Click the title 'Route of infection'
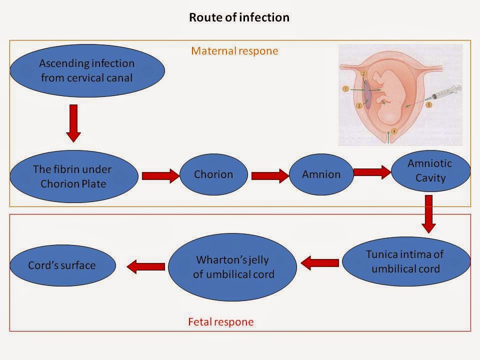pos(239,17)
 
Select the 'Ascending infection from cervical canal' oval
pos(86,70)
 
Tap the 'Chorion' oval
pos(213,174)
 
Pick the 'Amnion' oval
pos(321,174)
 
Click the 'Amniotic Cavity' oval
pos(430,170)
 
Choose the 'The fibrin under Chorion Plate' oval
pos(74,176)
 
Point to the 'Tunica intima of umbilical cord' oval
pos(405,261)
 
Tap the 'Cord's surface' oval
pos(62,265)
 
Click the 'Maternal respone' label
pos(235,51)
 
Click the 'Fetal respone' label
pos(220,322)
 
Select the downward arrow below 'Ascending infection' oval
pos(73,122)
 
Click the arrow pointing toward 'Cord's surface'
pos(145,267)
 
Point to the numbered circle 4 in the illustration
pos(394,131)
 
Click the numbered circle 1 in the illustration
pos(345,88)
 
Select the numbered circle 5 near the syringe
pos(428,105)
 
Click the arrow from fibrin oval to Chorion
pos(160,175)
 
